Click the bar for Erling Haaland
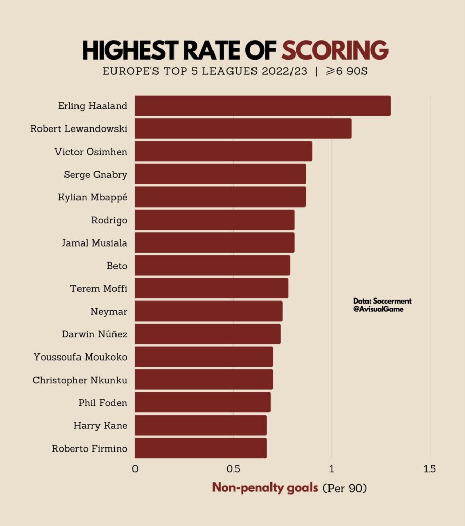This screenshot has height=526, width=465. [x=262, y=105]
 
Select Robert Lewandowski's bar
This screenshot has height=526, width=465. [x=243, y=128]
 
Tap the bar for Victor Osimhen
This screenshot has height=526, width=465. [x=223, y=151]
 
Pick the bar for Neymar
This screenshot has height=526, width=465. [x=208, y=311]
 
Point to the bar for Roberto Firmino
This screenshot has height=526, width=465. [x=201, y=448]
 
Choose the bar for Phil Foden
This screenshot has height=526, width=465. [x=203, y=402]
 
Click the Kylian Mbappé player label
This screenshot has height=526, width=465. [x=92, y=197]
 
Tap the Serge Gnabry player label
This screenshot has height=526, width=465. [x=95, y=174]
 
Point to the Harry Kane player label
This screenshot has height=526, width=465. [x=101, y=425]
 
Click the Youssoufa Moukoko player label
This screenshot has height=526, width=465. [x=80, y=356]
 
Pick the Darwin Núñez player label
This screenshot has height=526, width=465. [x=94, y=334]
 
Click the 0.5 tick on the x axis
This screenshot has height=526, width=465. [x=233, y=469]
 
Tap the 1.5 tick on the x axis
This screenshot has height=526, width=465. [x=430, y=469]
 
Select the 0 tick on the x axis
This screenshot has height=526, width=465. [x=135, y=469]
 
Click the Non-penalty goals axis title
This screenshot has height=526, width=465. [x=265, y=487]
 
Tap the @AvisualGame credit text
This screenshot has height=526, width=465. [x=378, y=309]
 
